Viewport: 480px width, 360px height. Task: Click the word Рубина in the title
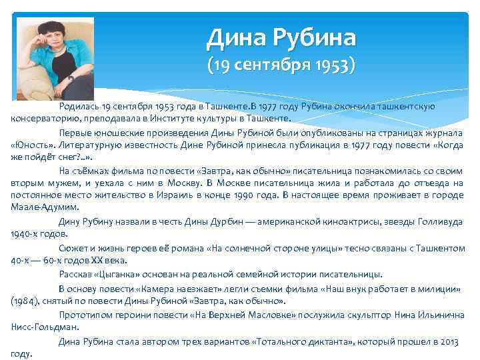click(x=313, y=38)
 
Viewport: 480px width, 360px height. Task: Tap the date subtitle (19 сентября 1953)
click(x=281, y=66)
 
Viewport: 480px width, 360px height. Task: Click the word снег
click(x=70, y=157)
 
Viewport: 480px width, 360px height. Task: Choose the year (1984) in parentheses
click(x=25, y=301)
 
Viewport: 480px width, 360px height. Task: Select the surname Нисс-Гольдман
click(x=45, y=327)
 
